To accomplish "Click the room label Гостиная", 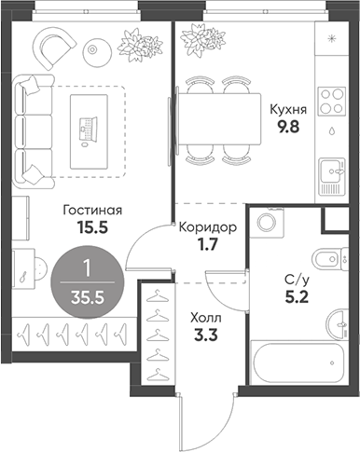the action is point(92,211).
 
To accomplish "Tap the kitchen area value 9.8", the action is point(289,127).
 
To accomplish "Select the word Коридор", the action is point(208,227).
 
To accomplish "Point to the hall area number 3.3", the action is point(206,336).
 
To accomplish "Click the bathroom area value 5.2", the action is point(297,297).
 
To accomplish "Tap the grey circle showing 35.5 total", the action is point(88,282).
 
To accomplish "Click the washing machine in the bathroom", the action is point(268,223).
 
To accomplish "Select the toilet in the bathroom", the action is point(330,259).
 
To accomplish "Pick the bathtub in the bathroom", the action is point(298,363).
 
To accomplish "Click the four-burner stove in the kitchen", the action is point(332,101).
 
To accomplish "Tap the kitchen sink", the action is point(332,176).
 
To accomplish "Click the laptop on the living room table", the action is point(88,129).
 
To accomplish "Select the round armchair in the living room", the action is point(55,48).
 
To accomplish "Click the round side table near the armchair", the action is point(98,49).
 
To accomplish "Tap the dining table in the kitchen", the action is point(219,119).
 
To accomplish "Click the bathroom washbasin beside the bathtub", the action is point(337,324).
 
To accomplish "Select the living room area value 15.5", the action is point(92,228).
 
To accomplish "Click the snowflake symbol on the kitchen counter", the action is point(332,38).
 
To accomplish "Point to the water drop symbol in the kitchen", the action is point(332,131).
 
